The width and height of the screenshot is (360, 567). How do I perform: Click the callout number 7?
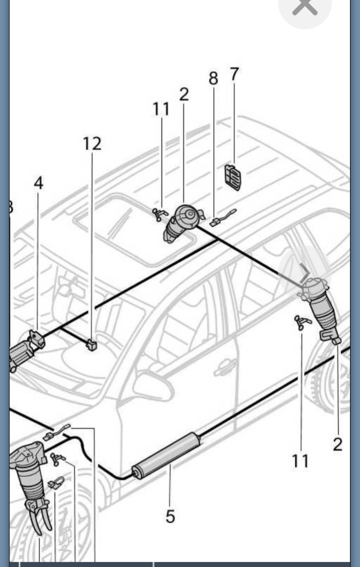coord(234,74)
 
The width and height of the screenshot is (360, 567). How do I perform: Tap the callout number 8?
coord(213,78)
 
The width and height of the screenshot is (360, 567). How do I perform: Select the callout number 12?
coord(92,144)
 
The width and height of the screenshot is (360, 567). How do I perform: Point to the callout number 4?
coord(38,183)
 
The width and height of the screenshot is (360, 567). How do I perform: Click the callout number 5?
coord(170,517)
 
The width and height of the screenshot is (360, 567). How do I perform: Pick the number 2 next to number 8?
coord(184,95)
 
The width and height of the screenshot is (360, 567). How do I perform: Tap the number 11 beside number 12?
coord(161,109)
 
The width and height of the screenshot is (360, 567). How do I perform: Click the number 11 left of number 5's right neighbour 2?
coord(300,461)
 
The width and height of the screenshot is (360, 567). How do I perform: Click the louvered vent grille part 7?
coord(233,178)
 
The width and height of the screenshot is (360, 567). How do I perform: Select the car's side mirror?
coord(154,386)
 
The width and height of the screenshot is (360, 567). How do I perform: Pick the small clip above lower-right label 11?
coord(302,321)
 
